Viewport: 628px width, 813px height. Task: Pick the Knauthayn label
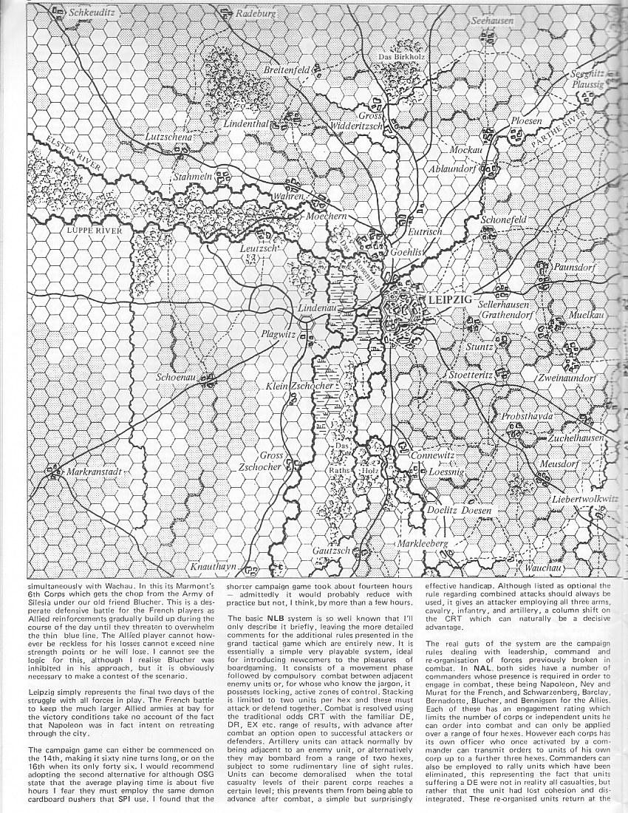point(215,567)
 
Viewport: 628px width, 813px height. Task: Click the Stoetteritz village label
point(471,375)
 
